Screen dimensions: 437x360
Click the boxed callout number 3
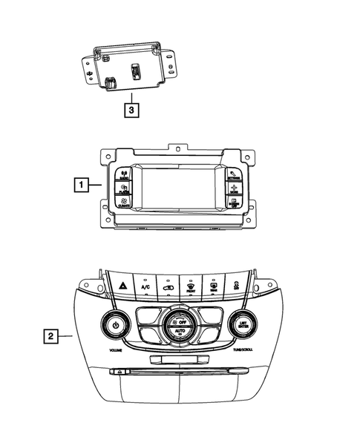[x=131, y=111]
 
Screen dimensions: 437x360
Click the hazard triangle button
[x=122, y=284]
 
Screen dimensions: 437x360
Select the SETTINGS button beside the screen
[x=234, y=177]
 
